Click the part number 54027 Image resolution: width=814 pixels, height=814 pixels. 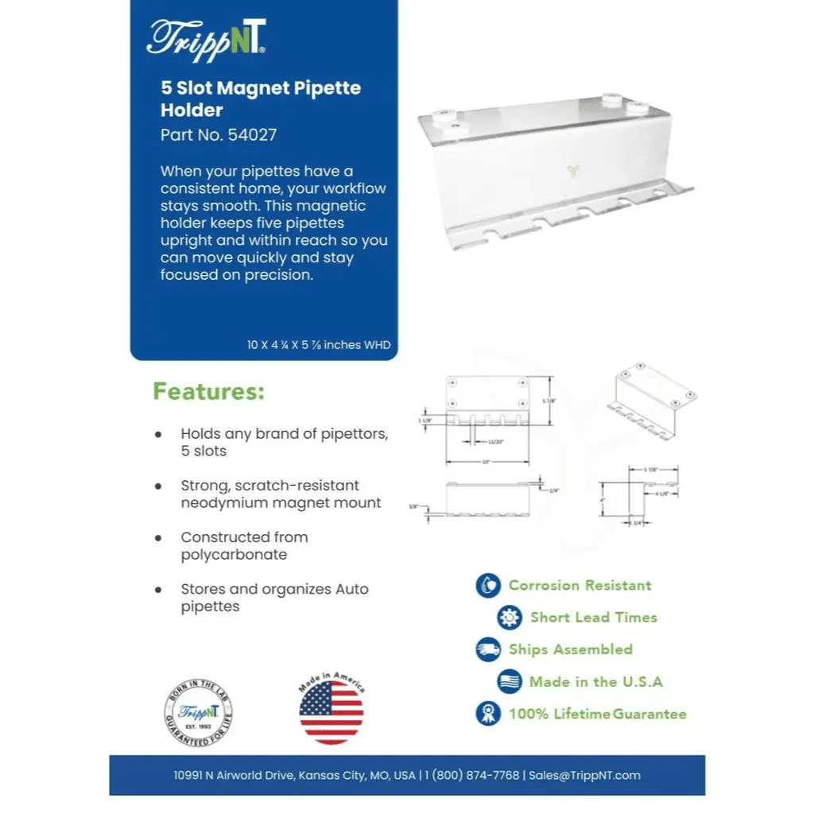click(x=252, y=134)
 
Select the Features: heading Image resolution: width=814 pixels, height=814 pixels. click(x=208, y=392)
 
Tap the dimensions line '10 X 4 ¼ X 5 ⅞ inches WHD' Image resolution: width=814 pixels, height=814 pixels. click(x=318, y=345)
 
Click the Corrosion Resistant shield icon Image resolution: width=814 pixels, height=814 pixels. click(x=488, y=586)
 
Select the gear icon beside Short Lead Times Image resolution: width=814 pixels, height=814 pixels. click(x=510, y=618)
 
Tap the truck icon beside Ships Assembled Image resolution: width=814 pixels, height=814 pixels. click(x=488, y=649)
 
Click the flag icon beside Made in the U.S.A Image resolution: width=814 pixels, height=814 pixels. click(x=510, y=681)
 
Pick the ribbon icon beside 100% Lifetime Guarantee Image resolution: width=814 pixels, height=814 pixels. click(x=488, y=713)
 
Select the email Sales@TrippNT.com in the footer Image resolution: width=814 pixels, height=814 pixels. click(x=584, y=775)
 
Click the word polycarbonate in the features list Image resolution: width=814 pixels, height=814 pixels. click(x=234, y=555)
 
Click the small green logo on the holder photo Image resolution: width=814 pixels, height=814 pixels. click(x=572, y=169)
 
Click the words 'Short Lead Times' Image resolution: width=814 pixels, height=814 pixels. click(x=594, y=618)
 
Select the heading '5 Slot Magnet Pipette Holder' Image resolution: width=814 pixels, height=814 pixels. click(x=261, y=99)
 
